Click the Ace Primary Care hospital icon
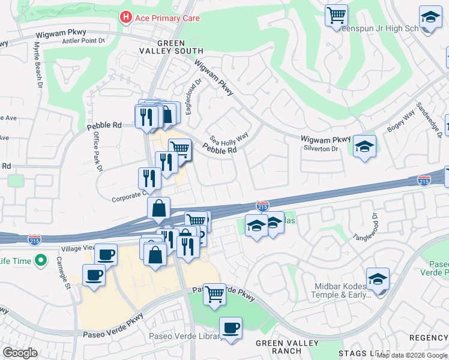(x=126, y=17)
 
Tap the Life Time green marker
(x=41, y=260)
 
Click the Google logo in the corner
(x=20, y=352)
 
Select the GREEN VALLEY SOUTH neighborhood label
(x=181, y=47)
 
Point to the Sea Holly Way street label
(x=229, y=138)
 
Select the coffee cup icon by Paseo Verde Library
(x=231, y=328)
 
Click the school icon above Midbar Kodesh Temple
(x=378, y=278)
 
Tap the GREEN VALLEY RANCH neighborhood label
(x=277, y=347)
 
